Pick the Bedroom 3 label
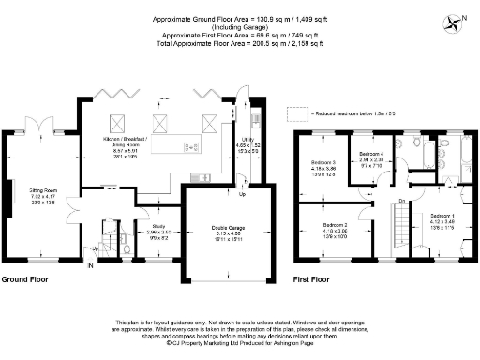coord(324,167)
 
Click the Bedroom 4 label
coord(372,157)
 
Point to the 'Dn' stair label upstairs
coord(402,201)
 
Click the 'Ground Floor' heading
coord(25,279)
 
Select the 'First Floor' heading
coord(315,279)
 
